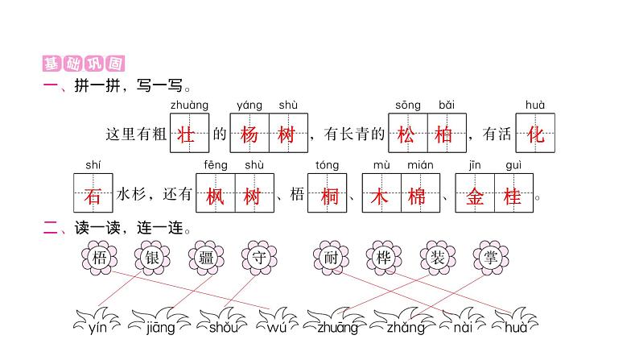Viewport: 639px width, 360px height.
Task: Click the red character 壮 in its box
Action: (186, 134)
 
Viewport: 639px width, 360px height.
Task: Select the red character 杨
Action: (249, 134)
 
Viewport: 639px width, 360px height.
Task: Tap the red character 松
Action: (406, 134)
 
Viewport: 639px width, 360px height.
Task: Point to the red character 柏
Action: (443, 134)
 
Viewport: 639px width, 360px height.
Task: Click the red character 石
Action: (93, 197)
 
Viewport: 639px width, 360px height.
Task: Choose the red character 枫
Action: (215, 197)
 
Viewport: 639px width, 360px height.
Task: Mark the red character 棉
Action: (417, 197)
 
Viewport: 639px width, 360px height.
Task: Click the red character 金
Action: (475, 197)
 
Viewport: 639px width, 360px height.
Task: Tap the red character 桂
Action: (513, 197)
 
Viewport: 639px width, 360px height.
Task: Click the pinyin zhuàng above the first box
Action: (189, 106)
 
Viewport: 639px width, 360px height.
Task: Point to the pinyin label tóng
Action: (328, 165)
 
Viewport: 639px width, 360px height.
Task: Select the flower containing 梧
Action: (100, 257)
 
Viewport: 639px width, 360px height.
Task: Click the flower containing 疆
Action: (206, 257)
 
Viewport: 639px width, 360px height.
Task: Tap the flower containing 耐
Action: (331, 257)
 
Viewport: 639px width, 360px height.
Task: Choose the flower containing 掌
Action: (491, 257)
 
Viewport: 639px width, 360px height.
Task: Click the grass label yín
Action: (97, 327)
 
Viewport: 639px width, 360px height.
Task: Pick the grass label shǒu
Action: (223, 327)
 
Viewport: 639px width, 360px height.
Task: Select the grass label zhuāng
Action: (337, 328)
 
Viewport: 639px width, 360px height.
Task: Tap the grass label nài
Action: (463, 327)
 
